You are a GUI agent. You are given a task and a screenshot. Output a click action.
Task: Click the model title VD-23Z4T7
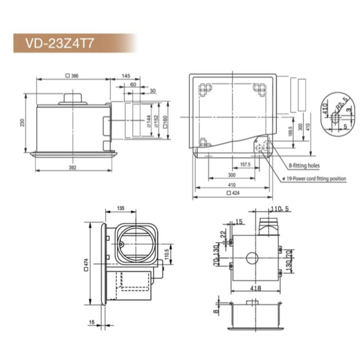click(60, 43)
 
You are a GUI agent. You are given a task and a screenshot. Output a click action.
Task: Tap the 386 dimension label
click(72, 76)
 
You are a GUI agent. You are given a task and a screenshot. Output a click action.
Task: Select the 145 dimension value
click(126, 76)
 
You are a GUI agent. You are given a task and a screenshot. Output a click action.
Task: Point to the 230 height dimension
click(22, 122)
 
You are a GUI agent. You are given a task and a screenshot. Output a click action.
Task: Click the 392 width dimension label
click(72, 168)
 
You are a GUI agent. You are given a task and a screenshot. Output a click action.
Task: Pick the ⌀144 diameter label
click(149, 121)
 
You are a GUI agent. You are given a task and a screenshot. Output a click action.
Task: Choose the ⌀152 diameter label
click(156, 121)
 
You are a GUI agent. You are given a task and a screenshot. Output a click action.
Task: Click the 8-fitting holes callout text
click(304, 165)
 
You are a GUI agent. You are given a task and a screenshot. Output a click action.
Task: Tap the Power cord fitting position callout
click(315, 178)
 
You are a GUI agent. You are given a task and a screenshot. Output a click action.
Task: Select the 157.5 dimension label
click(245, 164)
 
